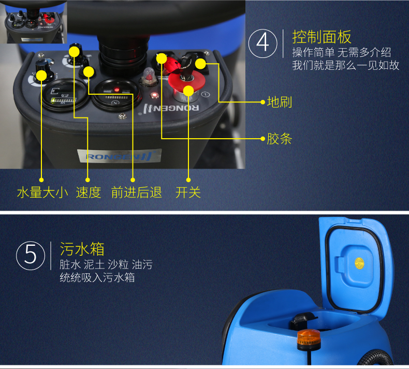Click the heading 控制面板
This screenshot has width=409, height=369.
point(322,37)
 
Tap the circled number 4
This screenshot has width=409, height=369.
point(262,43)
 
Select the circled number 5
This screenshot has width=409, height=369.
point(31,255)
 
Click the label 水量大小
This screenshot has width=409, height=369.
point(42,193)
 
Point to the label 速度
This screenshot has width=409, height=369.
point(89,193)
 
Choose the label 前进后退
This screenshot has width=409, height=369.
point(137,193)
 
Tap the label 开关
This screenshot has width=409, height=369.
point(188,193)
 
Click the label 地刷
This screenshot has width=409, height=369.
point(280,102)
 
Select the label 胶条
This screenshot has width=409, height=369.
point(280,139)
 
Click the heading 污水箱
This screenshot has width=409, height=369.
point(82,249)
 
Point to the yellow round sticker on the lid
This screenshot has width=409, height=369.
point(359,263)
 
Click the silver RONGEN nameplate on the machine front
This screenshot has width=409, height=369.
point(120,156)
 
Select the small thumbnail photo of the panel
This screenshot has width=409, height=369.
point(33,22)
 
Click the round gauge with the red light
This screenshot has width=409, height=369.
point(116,94)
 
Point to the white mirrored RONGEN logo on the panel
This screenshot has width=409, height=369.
point(171,108)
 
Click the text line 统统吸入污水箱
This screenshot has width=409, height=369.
point(97,277)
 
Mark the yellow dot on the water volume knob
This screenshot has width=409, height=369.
point(41,76)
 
